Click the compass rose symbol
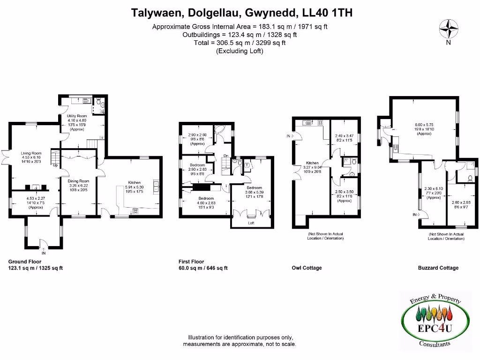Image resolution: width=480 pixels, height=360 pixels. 449,29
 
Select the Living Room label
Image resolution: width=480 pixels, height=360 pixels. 31,153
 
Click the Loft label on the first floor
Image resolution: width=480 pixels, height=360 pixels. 251,223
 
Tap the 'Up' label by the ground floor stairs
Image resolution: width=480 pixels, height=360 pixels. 55,165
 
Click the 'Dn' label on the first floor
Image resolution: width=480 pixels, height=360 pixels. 225,156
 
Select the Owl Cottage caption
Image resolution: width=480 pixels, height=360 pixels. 307,268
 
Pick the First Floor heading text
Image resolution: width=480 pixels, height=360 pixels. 191,262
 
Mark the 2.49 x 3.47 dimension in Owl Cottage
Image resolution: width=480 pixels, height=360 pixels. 344,135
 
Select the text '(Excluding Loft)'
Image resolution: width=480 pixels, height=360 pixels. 240,51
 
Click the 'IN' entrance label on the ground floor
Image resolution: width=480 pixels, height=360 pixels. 43,253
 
